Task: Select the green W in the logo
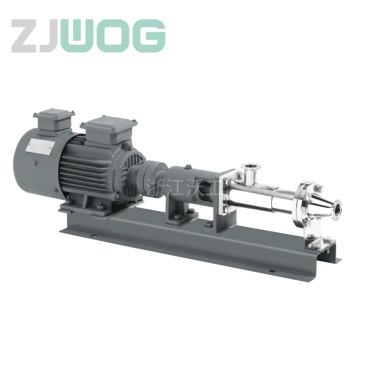[x=82, y=36]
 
